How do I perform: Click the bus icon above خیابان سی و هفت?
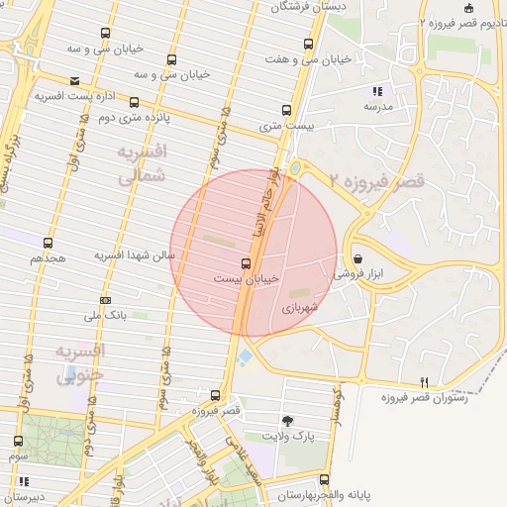(309, 45)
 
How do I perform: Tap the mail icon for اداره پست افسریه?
(75, 81)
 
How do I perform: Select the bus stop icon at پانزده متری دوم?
(134, 102)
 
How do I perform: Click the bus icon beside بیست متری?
(286, 110)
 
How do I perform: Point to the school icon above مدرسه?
(377, 91)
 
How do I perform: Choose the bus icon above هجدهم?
(48, 242)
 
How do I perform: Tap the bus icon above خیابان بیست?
(246, 263)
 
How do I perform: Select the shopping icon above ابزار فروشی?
(370, 259)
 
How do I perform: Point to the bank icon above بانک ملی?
(105, 300)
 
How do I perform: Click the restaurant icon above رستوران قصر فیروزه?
(424, 381)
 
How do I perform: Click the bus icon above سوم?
(18, 441)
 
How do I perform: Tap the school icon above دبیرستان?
(22, 481)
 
